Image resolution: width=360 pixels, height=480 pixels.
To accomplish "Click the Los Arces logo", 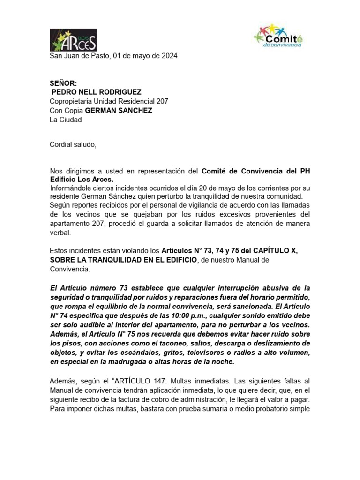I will (x=73, y=39).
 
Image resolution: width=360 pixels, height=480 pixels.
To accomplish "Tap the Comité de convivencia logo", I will (x=278, y=36).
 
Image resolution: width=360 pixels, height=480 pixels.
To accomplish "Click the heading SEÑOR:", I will (x=63, y=83).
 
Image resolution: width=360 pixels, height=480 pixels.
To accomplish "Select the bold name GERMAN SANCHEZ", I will (x=119, y=111).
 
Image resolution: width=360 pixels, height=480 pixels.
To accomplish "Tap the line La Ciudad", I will (x=66, y=120).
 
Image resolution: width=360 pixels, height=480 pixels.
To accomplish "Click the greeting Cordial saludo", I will (x=73, y=144).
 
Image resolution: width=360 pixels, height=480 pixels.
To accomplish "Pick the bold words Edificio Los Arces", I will (x=82, y=180).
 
